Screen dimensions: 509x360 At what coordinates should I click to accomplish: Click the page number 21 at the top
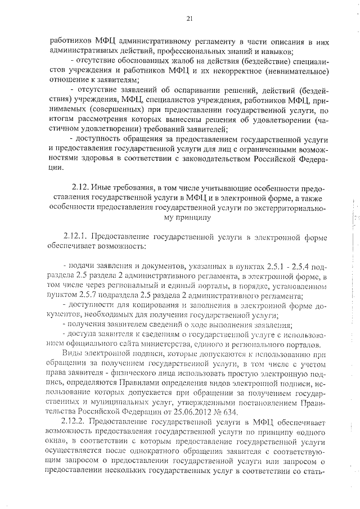[190, 19]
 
